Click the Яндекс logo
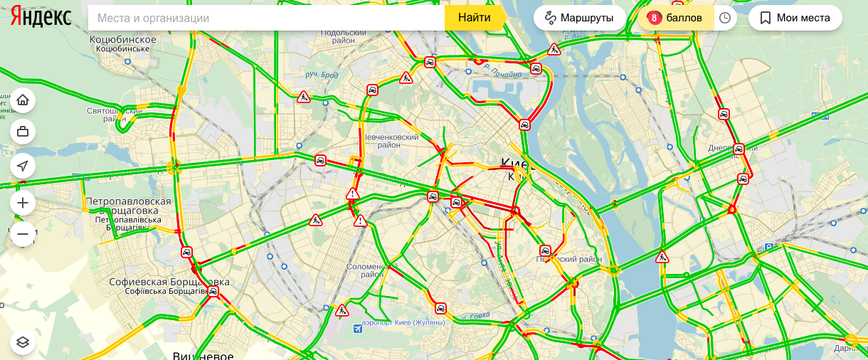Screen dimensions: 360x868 (x=41, y=18)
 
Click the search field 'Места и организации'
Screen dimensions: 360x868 (x=266, y=18)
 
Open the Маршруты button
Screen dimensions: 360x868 (x=579, y=18)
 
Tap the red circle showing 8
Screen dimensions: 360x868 (x=654, y=18)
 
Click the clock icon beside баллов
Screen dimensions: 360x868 (x=725, y=18)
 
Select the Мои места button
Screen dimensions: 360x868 (x=795, y=18)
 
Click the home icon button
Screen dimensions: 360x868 (x=23, y=100)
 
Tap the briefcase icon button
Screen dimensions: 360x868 (x=23, y=132)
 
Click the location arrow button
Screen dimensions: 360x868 (x=23, y=166)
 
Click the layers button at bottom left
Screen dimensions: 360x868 (x=23, y=342)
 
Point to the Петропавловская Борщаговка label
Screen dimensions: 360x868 (x=129, y=207)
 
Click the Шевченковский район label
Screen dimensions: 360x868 (x=391, y=140)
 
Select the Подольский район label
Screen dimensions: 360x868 (x=343, y=36)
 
